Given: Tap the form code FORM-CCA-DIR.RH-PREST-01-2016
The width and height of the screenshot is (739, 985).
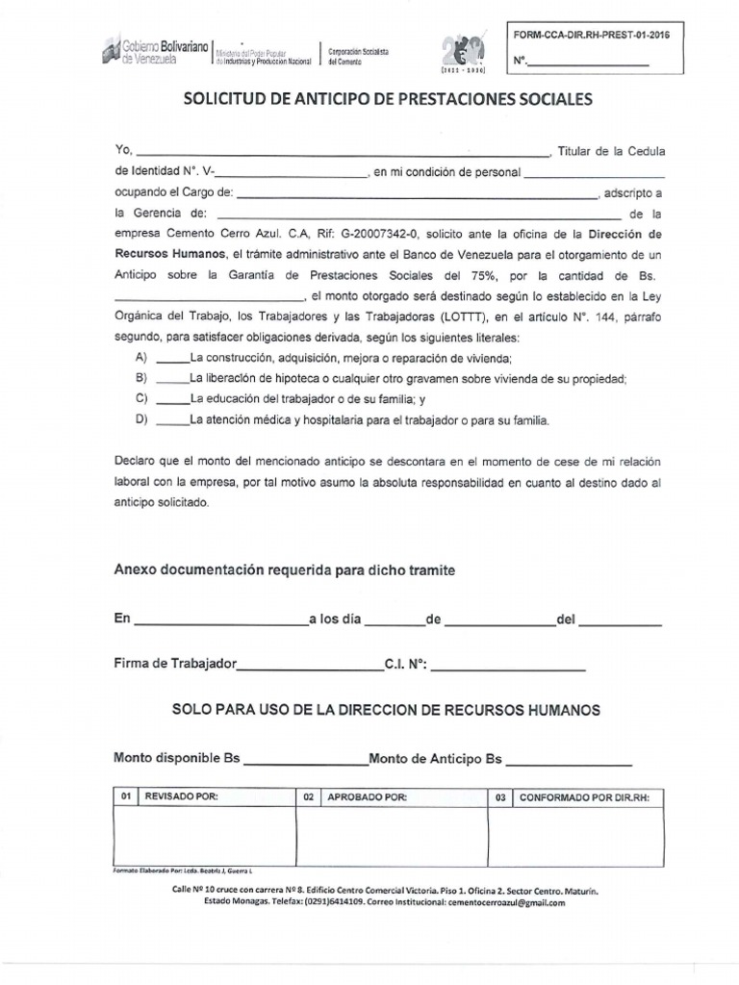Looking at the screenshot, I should [x=591, y=35].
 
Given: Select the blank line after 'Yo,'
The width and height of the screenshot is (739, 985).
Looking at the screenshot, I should [x=342, y=152].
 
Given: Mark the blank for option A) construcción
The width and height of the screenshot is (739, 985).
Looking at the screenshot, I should [x=173, y=358].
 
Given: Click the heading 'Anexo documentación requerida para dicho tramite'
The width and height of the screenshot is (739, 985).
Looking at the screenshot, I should [x=285, y=570].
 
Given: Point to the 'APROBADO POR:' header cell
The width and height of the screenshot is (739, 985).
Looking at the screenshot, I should [x=367, y=797].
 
